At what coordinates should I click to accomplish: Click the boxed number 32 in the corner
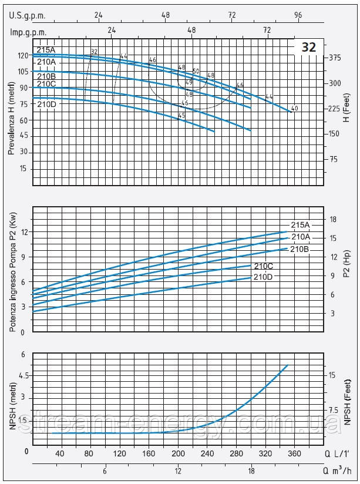308,48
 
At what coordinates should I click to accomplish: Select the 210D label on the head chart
46,104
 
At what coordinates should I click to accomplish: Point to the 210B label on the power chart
300,249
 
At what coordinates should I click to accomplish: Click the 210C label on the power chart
264,266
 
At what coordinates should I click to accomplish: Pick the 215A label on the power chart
300,225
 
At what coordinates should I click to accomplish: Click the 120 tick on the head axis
23,56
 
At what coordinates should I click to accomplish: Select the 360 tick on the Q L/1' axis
294,454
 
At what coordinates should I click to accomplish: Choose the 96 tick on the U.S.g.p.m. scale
298,15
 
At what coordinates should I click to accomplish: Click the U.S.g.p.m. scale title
28,15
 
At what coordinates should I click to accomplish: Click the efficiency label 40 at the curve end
294,109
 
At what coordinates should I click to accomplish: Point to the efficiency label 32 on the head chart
94,52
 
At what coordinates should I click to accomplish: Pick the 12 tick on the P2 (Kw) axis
24,231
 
